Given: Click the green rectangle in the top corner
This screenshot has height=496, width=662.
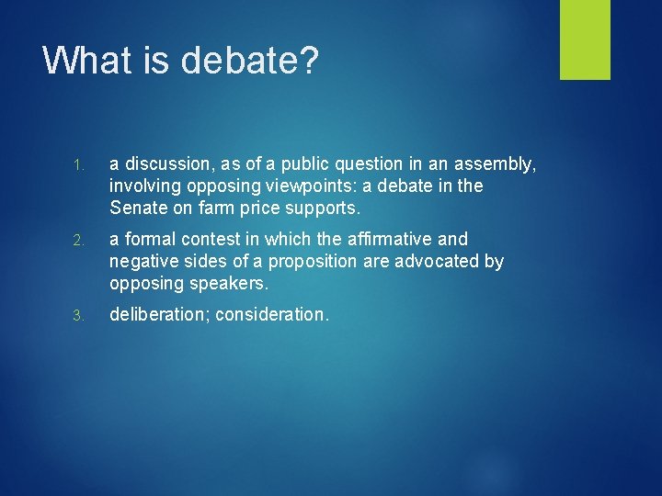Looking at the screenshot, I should tap(585, 39).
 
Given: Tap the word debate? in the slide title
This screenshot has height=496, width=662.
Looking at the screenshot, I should tap(249, 61).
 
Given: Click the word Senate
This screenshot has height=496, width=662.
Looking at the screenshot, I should tap(137, 208).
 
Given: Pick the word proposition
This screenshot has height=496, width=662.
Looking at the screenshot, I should tap(310, 262).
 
